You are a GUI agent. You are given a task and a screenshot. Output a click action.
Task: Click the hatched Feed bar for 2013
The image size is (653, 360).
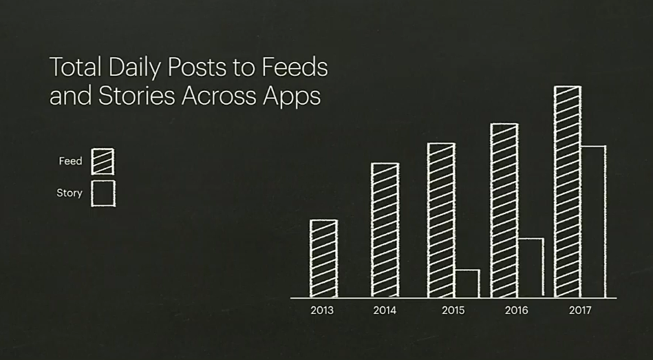(x=323, y=258)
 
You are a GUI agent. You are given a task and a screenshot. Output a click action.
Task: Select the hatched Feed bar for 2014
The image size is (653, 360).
(x=385, y=230)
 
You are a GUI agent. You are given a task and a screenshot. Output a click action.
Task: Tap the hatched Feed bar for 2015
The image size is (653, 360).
(x=442, y=220)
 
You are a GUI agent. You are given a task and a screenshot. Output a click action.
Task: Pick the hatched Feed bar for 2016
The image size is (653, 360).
(x=504, y=211)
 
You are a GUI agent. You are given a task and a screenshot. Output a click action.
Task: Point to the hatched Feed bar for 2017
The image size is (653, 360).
(x=568, y=191)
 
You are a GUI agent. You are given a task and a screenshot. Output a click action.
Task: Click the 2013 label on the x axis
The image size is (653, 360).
(x=322, y=310)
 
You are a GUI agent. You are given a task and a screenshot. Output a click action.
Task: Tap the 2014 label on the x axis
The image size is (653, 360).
(x=385, y=310)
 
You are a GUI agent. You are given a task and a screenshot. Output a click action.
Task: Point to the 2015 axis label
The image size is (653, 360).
(x=453, y=310)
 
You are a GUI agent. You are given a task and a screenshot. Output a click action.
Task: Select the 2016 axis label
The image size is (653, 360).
(x=516, y=310)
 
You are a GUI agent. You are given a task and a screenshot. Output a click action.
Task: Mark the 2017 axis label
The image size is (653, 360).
(x=580, y=310)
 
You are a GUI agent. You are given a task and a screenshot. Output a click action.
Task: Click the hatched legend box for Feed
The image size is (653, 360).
(x=103, y=162)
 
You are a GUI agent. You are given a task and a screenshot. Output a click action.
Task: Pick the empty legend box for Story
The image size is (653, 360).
(x=103, y=181)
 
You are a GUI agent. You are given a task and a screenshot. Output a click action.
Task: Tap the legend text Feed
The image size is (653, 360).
(x=70, y=161)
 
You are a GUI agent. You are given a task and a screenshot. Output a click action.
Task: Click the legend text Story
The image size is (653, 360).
(x=69, y=193)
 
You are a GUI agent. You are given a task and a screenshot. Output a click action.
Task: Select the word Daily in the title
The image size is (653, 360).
(x=134, y=68)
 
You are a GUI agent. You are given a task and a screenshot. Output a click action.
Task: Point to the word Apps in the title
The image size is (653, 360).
(x=292, y=96)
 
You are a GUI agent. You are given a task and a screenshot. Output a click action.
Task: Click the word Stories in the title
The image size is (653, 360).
(x=137, y=96)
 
